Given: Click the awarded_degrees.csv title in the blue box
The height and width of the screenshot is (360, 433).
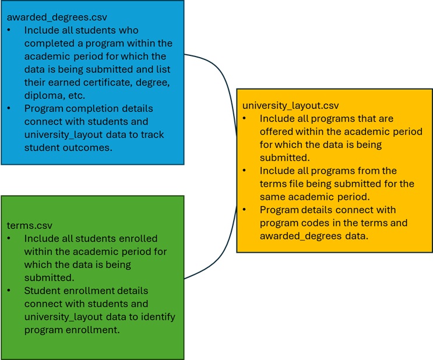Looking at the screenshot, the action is pos(57,17).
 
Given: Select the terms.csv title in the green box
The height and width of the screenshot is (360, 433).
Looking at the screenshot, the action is pos(30,225).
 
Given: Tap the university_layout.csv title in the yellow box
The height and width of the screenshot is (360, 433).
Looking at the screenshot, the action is pos(290,106).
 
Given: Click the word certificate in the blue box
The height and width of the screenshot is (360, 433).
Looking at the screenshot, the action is pos(108,82).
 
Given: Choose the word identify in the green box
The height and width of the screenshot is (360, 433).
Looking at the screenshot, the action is pos(159,317).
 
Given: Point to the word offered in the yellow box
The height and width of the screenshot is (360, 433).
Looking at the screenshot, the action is pos(276,132).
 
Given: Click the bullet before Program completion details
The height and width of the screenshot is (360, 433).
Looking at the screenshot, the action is pos(9,108).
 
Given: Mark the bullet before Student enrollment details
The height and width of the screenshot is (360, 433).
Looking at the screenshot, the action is pos(9,291).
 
